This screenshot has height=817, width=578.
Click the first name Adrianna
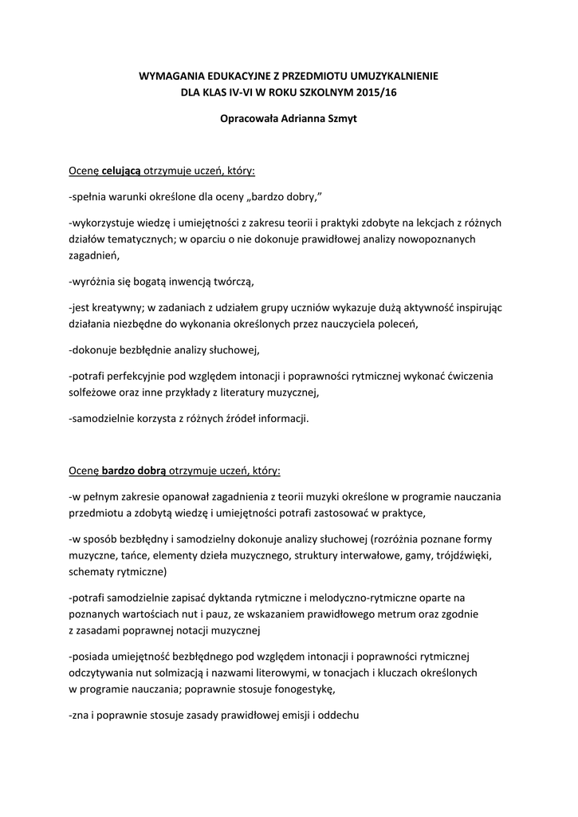coord(294,120)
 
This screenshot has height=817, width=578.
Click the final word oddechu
coord(340,716)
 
